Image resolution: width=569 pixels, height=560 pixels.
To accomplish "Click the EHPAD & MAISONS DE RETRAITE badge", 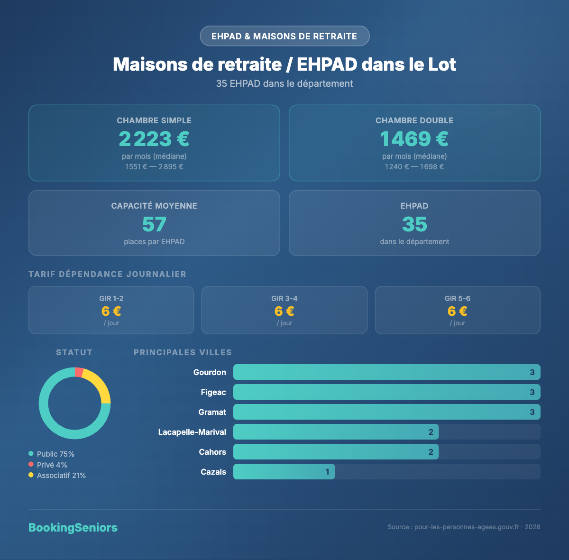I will coord(284,36).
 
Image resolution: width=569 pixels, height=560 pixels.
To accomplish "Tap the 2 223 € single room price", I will coord(154,139).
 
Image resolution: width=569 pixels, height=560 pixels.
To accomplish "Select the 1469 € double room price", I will coord(414,139).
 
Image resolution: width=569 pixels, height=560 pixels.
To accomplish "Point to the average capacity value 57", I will coord(154,224).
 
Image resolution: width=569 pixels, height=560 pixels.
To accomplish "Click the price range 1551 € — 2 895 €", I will coord(154,167).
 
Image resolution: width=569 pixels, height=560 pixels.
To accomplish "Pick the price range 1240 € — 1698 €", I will coord(414,167).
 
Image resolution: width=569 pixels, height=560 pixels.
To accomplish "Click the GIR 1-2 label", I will coord(111,299).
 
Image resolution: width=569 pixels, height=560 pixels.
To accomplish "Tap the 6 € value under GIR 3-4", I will coord(284,311).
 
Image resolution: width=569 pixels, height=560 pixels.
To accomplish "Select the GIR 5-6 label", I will coord(458,299).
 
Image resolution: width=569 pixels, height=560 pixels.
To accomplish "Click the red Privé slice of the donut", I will coord(79,372).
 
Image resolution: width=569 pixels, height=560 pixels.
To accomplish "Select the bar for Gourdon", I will coord(386,372).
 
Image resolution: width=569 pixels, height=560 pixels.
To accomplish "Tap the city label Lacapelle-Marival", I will coord(192,432).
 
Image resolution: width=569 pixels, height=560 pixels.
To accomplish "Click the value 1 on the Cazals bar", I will coord(327,472).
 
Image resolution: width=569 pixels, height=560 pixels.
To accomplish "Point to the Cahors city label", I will coord(212,452).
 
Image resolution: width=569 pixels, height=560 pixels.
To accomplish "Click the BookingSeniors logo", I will coord(73,528).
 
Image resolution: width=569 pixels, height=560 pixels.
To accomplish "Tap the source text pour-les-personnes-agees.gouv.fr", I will coord(464,527).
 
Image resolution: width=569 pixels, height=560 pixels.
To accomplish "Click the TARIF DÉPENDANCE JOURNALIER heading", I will coord(108,274).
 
